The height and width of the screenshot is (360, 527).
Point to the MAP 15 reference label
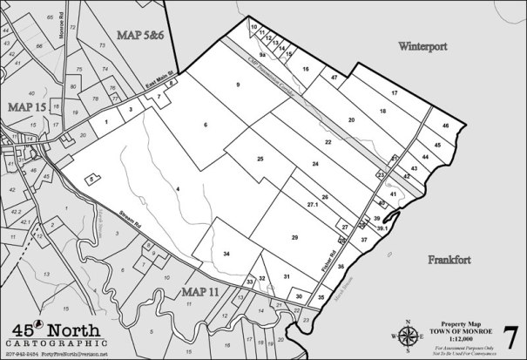tap(26, 105)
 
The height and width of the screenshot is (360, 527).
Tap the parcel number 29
tap(294, 237)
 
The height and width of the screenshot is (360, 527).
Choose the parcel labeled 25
tap(260, 159)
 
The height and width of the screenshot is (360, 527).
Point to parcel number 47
tap(334, 78)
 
